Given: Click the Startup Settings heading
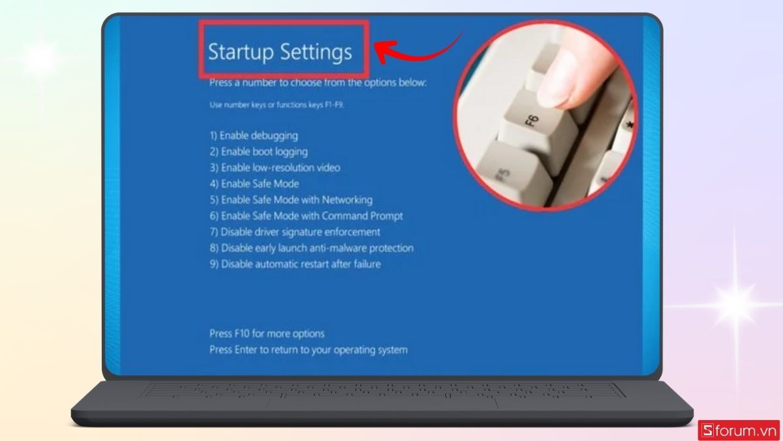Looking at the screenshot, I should [x=280, y=52].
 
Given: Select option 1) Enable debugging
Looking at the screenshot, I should [x=254, y=136].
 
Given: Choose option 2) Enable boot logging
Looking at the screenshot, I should [x=258, y=152].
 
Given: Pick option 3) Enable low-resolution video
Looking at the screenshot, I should [x=275, y=168].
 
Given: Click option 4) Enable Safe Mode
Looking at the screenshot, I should [x=254, y=184].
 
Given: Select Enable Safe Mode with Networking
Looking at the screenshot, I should [x=291, y=200].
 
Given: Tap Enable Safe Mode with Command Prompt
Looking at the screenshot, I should [x=306, y=216].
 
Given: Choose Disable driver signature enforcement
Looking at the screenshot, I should [x=295, y=232].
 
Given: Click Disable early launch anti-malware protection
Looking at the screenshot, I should [x=311, y=248].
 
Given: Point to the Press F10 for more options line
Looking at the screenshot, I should [x=267, y=334].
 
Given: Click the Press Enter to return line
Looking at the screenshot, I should [x=308, y=350].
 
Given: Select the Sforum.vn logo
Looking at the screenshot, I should [x=738, y=430].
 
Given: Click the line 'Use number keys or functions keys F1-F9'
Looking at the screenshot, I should [x=277, y=105].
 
